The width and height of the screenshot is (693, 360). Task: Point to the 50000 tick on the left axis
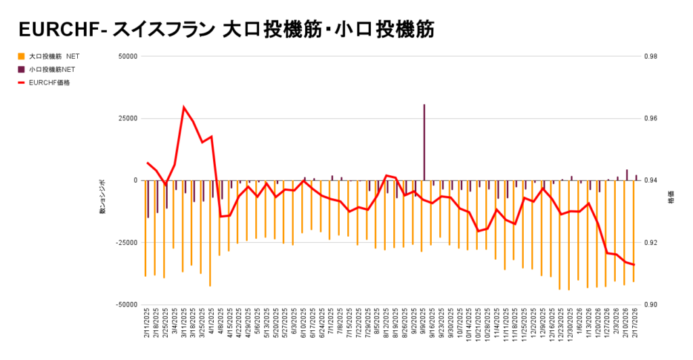127,56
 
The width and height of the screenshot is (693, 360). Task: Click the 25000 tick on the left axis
127,118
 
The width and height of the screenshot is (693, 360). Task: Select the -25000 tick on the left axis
126,242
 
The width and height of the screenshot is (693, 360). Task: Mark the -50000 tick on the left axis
126,305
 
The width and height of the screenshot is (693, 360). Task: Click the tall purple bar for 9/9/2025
424,142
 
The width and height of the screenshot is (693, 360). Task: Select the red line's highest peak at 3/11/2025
183,107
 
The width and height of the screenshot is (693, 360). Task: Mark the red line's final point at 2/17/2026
634,265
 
